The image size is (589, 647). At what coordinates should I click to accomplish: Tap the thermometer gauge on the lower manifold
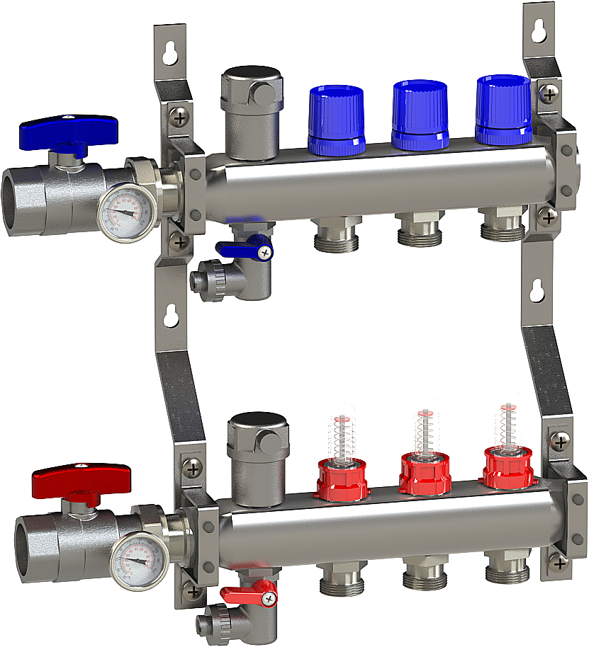(x=140, y=561)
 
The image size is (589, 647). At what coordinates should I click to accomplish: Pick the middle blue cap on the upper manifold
(x=421, y=113)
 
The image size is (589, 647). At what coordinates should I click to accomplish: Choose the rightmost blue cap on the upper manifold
(x=503, y=109)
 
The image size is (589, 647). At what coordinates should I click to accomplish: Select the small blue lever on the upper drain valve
(x=245, y=247)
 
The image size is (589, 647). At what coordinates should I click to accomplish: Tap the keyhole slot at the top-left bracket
(x=170, y=53)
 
